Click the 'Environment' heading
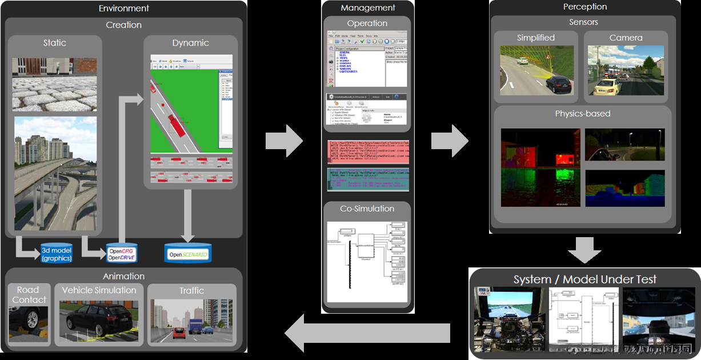point(123,9)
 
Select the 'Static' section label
point(55,43)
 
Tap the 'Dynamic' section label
point(191,43)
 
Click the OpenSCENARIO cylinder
point(187,253)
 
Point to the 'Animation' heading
point(123,276)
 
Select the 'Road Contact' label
point(29,295)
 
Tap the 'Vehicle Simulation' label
point(99,290)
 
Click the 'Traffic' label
point(191,290)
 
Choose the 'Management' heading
point(367,8)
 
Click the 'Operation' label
point(367,23)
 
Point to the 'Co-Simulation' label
point(367,209)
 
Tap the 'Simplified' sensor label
point(535,38)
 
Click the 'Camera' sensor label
point(626,38)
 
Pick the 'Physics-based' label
point(582,113)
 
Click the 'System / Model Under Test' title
point(585,279)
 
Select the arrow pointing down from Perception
point(585,250)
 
